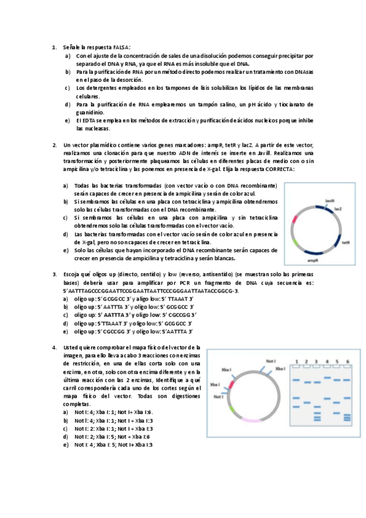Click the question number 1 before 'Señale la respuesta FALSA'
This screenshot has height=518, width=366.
pyautogui.click(x=54, y=47)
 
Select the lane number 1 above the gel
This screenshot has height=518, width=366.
pyautogui.click(x=296, y=362)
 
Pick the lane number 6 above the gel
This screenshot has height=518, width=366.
pyautogui.click(x=348, y=362)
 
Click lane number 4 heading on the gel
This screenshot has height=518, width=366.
pyautogui.click(x=328, y=362)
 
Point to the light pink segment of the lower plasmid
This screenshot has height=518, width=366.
pyautogui.click(x=252, y=420)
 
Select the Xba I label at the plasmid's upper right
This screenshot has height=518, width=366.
pyautogui.click(x=280, y=368)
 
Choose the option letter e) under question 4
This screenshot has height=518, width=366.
pyautogui.click(x=66, y=445)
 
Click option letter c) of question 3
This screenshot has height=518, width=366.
pyautogui.click(x=66, y=315)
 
